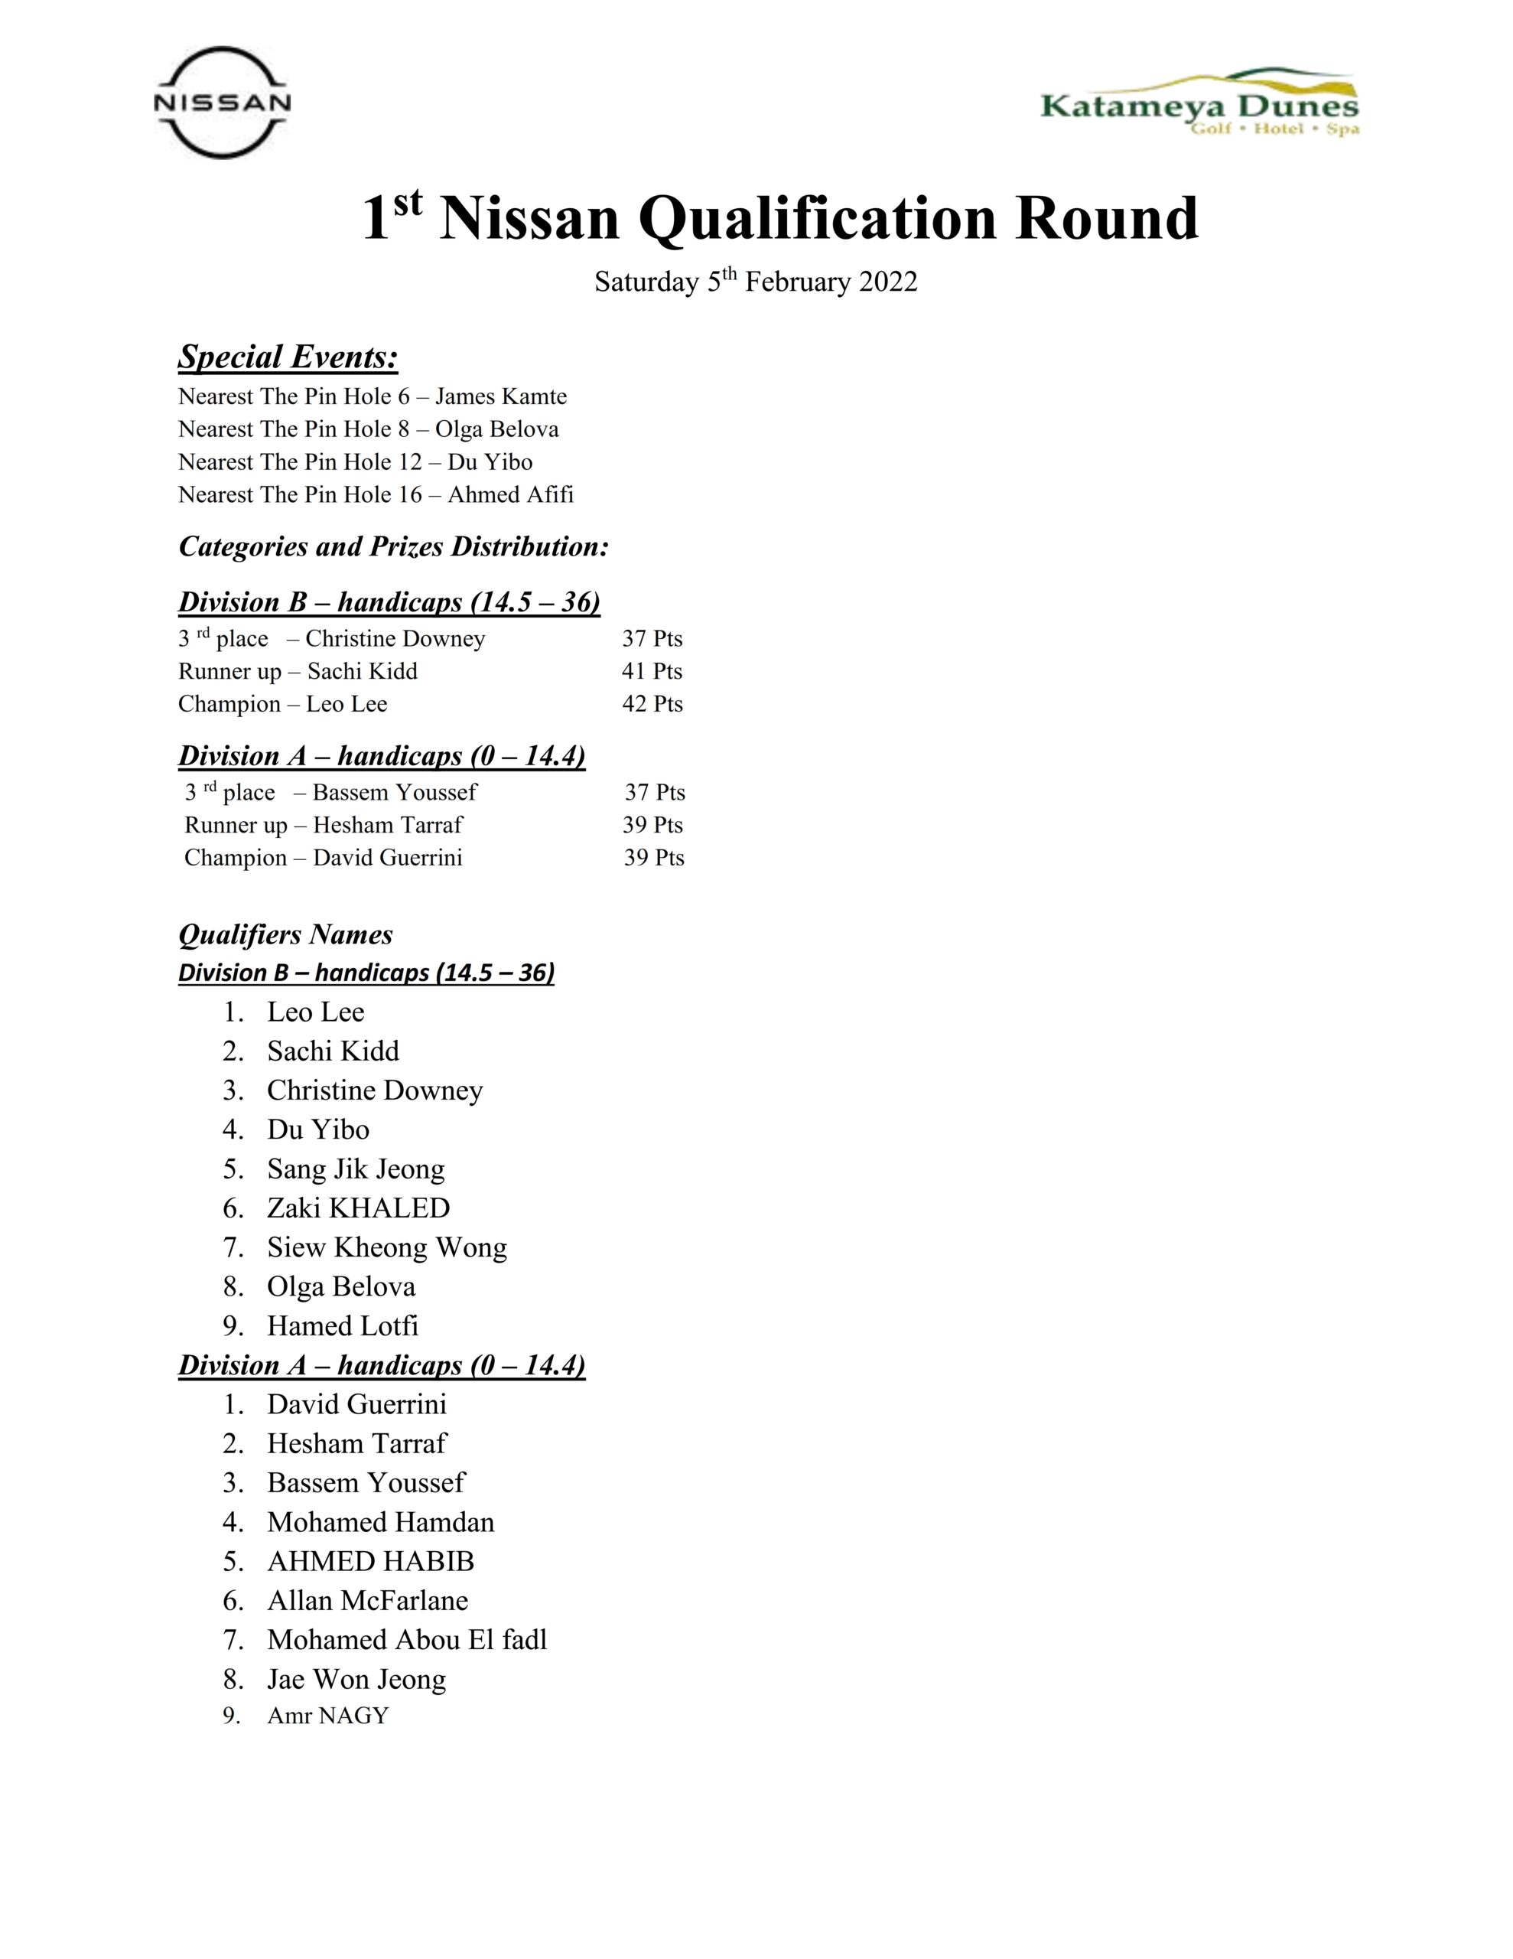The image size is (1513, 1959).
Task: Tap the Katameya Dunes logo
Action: coord(1199,103)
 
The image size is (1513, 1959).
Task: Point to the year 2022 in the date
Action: coord(888,282)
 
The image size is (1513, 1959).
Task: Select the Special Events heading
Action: coord(288,357)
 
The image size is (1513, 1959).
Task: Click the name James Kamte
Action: coord(500,396)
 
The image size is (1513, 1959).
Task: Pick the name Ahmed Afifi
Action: coord(510,494)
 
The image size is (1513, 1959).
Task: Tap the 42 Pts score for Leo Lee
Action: coord(652,704)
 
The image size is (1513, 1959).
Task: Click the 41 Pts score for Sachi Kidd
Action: coord(652,671)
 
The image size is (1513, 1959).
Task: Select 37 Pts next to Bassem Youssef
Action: coord(655,792)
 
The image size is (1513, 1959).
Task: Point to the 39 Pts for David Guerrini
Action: coord(654,858)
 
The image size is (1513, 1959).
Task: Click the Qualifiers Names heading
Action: coord(285,934)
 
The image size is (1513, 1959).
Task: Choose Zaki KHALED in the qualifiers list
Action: coord(358,1208)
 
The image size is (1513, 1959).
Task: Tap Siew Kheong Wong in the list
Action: coord(386,1247)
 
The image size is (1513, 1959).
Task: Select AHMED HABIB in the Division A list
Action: coord(370,1562)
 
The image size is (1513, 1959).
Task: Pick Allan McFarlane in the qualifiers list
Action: coord(368,1600)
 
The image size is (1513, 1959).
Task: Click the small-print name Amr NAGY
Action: coord(327,1716)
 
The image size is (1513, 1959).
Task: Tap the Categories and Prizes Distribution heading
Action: coord(394,546)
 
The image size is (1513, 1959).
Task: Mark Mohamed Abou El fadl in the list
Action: coord(406,1640)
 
